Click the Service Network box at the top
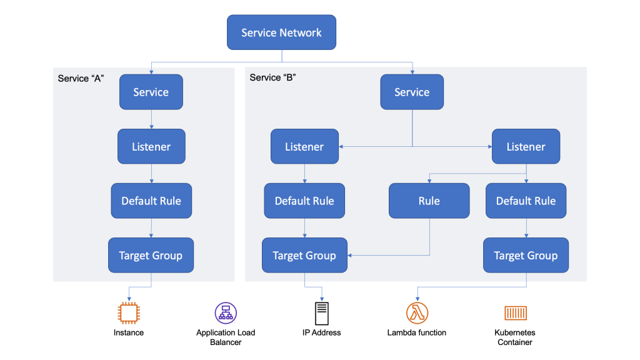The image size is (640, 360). coord(281,32)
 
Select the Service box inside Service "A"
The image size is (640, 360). coord(151,92)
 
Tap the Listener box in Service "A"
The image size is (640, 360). coord(151,147)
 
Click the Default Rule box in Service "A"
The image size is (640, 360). coord(151,201)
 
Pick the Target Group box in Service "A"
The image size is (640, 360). coord(151,255)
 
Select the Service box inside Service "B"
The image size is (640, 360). coord(412,92)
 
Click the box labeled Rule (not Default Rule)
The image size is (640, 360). coord(429,201)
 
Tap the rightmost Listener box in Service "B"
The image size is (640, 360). coord(526,147)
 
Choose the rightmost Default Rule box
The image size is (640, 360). coord(526,201)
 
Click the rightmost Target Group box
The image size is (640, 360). coord(526,255)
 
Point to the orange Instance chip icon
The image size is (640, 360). coord(128,312)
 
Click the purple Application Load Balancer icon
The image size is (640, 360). coord(226,312)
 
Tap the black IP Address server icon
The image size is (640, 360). coord(322,312)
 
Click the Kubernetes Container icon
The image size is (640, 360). coord(515,312)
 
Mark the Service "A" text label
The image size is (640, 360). coord(81,78)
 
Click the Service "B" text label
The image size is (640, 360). coord(272,77)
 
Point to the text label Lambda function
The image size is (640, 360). coord(416,332)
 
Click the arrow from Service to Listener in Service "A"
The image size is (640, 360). coord(151,119)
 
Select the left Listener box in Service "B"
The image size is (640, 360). coord(304,147)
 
